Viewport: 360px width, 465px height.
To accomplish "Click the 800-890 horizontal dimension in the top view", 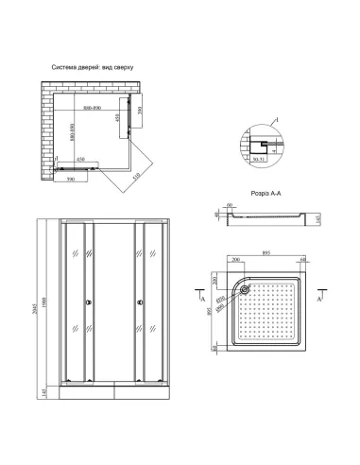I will pyautogui.click(x=94, y=108).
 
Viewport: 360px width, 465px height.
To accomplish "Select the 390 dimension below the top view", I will pyautogui.click(x=69, y=176).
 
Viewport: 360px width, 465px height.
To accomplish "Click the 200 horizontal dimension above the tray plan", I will pyautogui.click(x=233, y=265).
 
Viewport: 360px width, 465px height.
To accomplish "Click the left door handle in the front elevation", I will pyautogui.click(x=89, y=303).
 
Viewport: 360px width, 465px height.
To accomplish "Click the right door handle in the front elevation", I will pyautogui.click(x=142, y=303).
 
